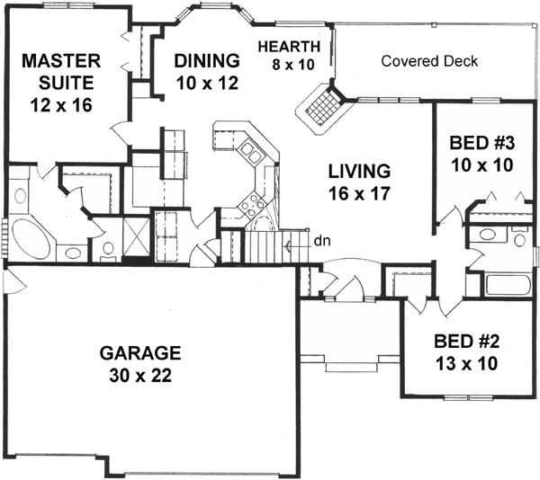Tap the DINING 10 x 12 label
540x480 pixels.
[x=207, y=71]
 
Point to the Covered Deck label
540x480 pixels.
[x=429, y=61]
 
